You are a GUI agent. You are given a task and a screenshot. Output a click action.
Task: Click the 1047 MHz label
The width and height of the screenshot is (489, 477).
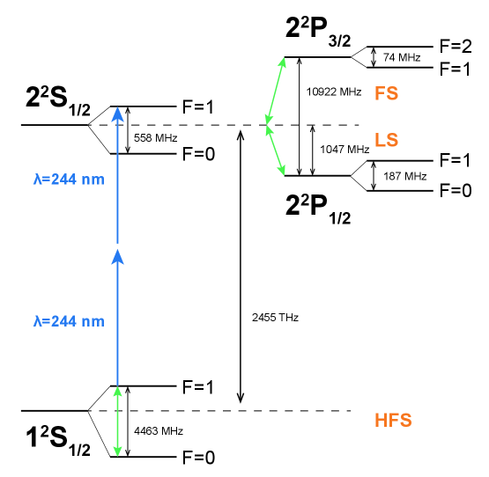[345, 150]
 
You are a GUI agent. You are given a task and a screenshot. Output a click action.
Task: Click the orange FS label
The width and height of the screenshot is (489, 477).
[387, 92]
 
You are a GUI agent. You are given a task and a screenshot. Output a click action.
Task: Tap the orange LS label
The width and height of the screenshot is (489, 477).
[387, 141]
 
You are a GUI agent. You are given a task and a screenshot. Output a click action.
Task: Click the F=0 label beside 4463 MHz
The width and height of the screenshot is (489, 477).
[198, 458]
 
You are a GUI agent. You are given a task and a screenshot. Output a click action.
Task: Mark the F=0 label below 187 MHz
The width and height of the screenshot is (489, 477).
[453, 189]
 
